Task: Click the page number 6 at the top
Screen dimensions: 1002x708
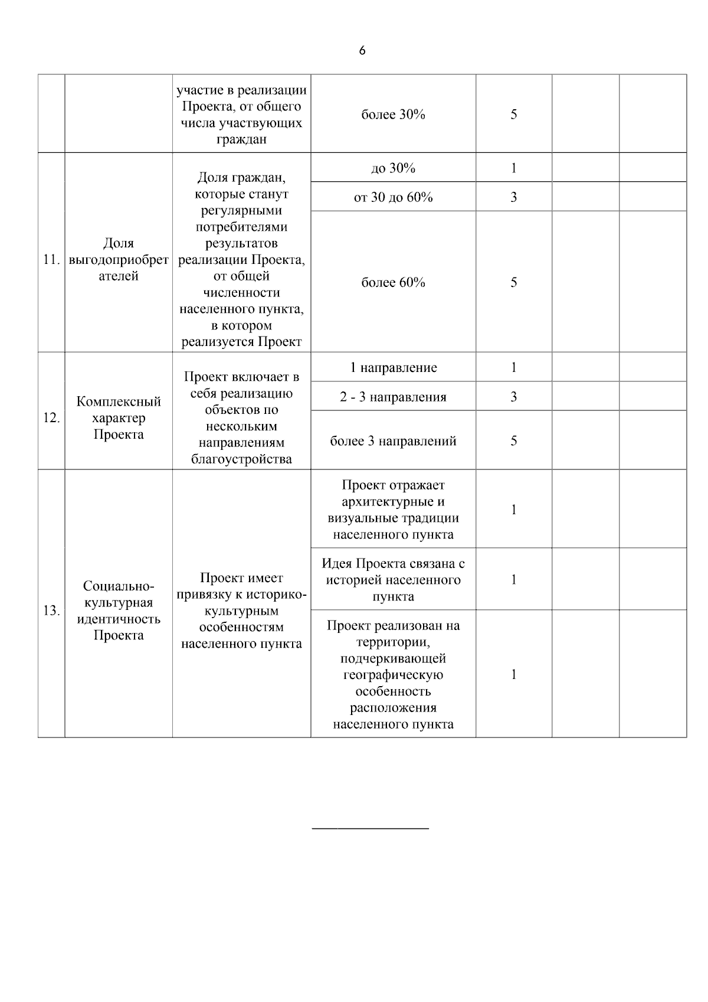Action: pos(362,51)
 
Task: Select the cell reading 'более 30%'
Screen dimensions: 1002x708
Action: pos(393,115)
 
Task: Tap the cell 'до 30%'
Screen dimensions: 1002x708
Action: pos(393,168)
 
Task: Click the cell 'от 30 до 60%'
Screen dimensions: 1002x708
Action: pos(393,197)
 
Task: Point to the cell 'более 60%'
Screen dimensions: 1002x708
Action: pos(393,282)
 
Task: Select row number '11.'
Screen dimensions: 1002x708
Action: pos(52,260)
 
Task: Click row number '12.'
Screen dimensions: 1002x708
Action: pos(52,418)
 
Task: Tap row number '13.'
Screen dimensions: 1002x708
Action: pos(52,610)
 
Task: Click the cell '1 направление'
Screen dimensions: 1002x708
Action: pos(393,367)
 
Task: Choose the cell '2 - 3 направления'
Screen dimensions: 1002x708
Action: pos(393,397)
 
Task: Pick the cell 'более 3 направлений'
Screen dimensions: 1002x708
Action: pos(393,441)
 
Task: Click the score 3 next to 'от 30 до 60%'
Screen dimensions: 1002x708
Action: pos(513,197)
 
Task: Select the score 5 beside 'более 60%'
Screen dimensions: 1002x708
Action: pos(513,282)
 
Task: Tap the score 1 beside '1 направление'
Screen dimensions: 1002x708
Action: pos(513,367)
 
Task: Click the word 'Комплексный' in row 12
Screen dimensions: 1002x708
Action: pos(119,402)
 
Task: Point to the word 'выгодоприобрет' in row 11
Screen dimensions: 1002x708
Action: pos(119,260)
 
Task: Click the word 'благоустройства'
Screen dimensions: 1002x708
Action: pos(241,459)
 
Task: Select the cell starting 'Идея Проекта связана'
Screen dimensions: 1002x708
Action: pos(393,579)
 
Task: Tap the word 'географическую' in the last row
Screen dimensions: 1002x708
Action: pos(393,675)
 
